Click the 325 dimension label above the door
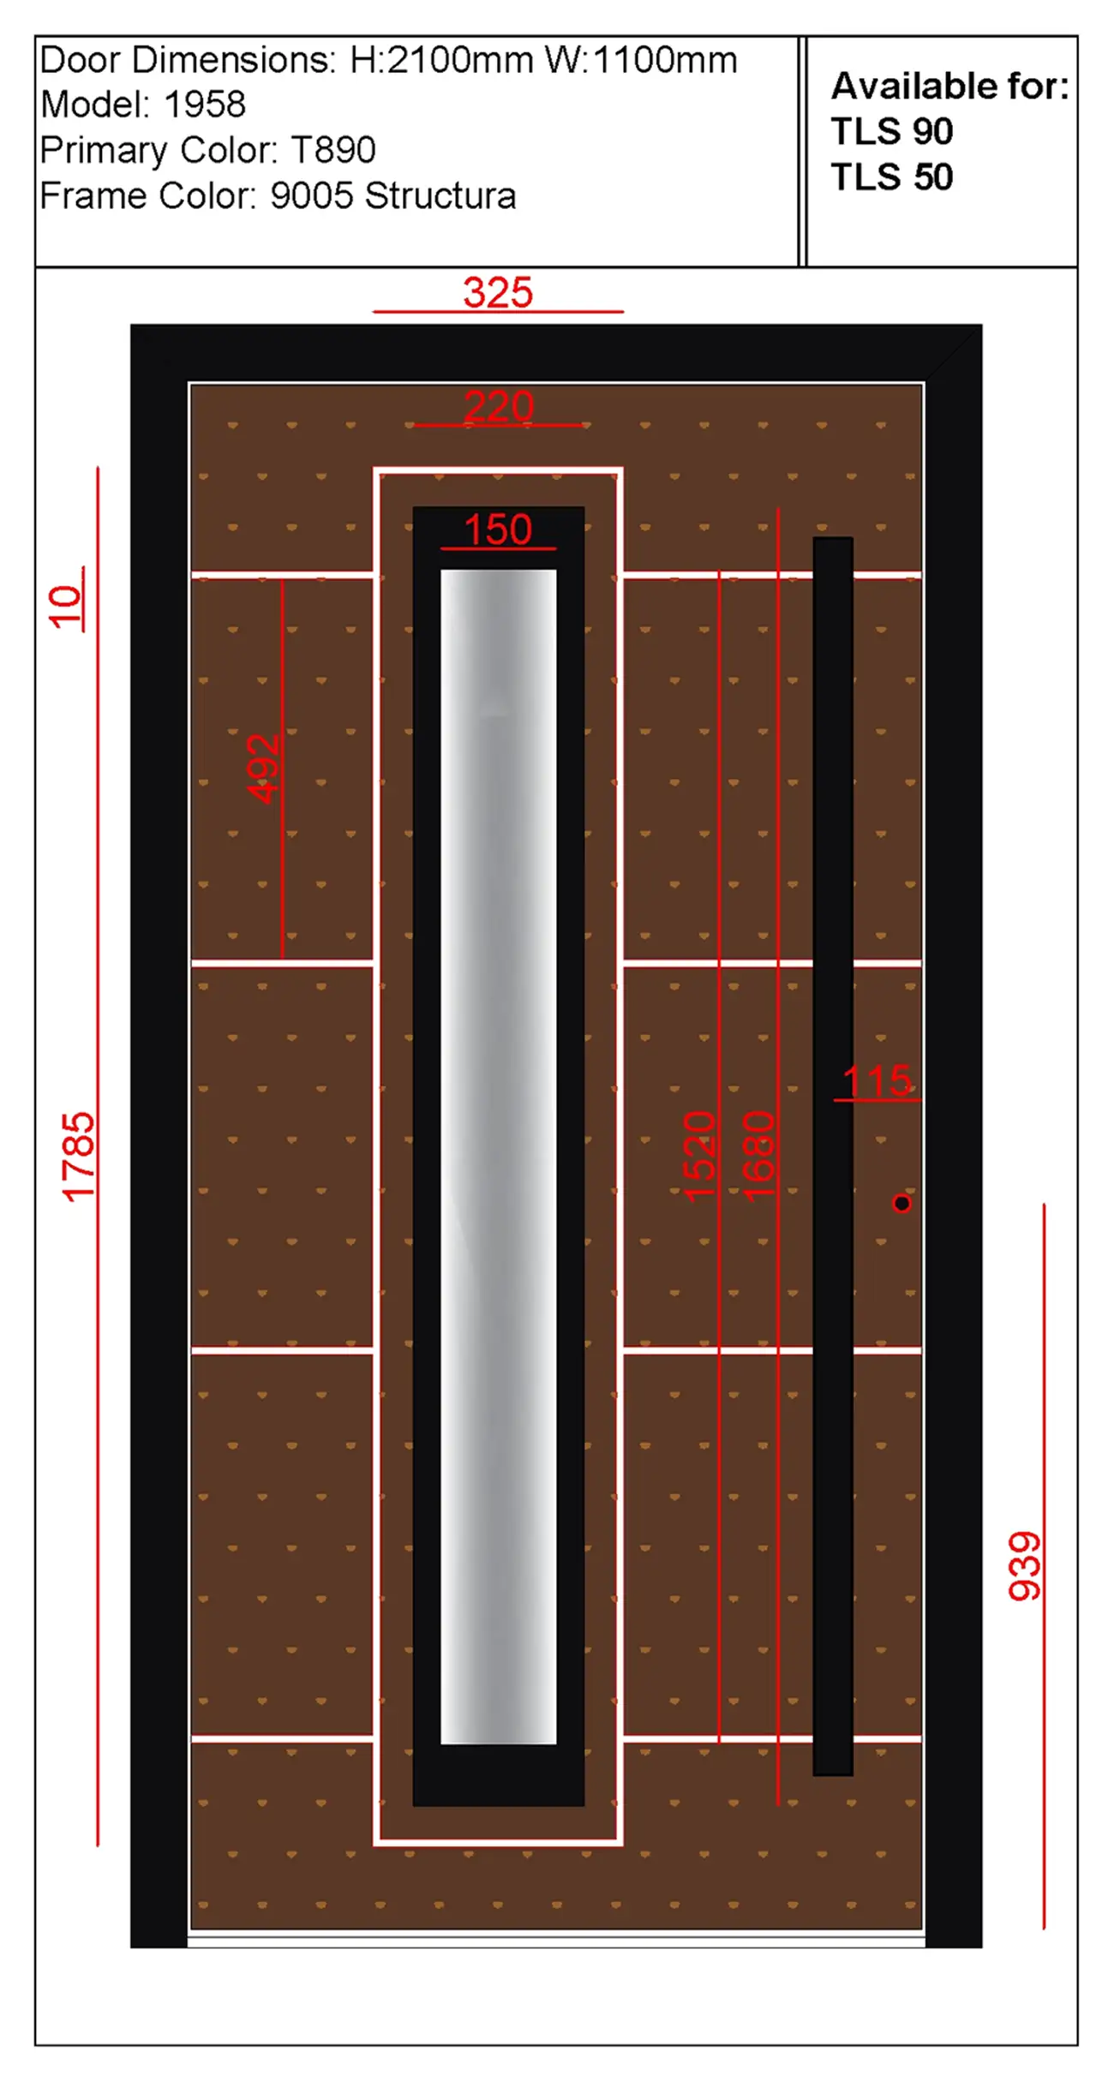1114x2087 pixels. (498, 293)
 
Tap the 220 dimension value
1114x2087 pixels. (499, 406)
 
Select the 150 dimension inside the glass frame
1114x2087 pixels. (498, 529)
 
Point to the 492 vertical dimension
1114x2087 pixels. (263, 768)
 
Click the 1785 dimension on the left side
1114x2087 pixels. (78, 1157)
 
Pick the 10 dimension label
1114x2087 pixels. (66, 607)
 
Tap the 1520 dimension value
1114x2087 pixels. (699, 1156)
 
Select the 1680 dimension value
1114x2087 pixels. (758, 1156)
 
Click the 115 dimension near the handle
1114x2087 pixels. (877, 1081)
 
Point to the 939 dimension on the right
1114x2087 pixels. (1025, 1566)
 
